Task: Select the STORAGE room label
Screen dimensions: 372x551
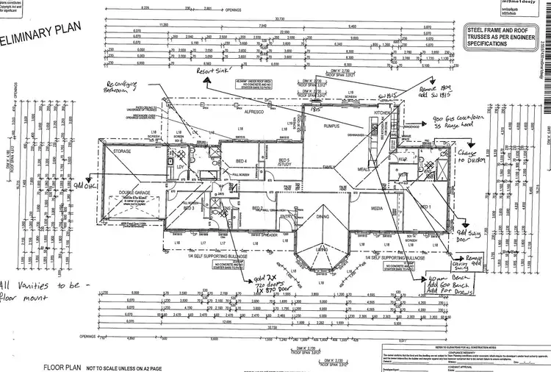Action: click(121, 151)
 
